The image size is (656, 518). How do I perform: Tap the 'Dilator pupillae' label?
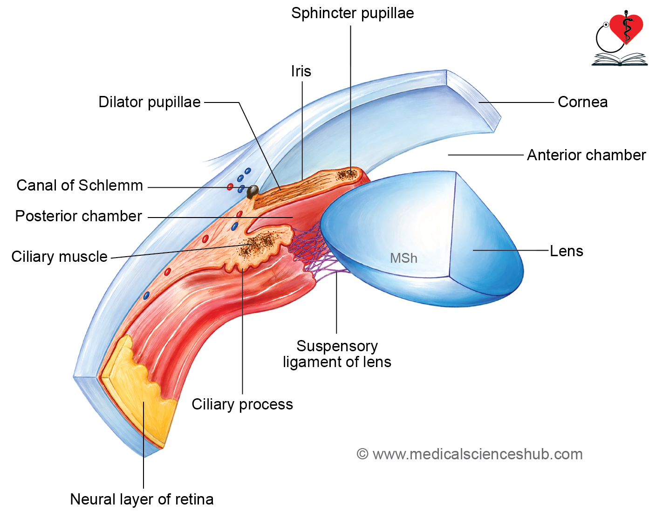[x=150, y=102]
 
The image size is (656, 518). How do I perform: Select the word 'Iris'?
[x=301, y=71]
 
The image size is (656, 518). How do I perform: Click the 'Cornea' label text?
[x=582, y=102]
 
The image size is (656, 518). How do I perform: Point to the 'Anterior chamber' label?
[x=587, y=155]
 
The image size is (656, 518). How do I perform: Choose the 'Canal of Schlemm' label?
[x=80, y=185]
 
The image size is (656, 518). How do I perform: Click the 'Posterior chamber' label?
[x=79, y=216]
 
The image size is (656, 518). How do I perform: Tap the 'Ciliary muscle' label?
[x=60, y=257]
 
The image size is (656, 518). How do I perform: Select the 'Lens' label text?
[x=567, y=251]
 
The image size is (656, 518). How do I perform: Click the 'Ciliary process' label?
[x=242, y=405]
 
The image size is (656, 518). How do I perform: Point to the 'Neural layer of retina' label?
[x=142, y=499]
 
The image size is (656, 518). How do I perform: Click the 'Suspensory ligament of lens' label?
[x=337, y=354]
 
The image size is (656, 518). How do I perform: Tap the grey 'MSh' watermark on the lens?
[x=403, y=258]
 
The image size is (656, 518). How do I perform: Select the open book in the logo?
[x=619, y=59]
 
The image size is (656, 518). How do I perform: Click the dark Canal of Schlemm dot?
[x=253, y=191]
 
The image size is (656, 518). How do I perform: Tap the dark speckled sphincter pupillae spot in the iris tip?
[x=347, y=175]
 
